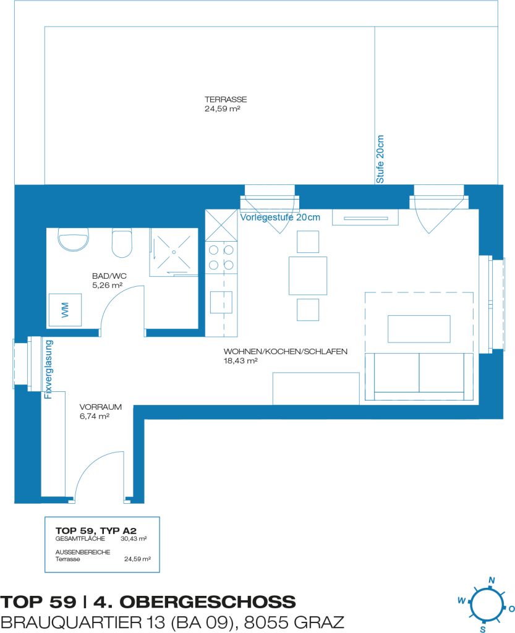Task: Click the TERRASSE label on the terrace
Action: (226, 100)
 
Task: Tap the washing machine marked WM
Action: (66, 310)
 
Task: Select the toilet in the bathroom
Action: (122, 242)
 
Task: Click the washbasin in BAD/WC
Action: (73, 239)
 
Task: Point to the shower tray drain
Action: (174, 252)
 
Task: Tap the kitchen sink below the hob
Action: (221, 302)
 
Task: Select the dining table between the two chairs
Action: (308, 276)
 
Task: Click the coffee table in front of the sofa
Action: (419, 329)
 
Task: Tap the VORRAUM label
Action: (101, 407)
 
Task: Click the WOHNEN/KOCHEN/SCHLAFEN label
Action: (286, 352)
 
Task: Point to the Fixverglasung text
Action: (48, 370)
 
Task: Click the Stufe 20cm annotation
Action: (380, 159)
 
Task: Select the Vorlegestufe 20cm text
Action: (280, 217)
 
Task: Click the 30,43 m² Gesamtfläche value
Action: (134, 538)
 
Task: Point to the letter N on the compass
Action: (492, 580)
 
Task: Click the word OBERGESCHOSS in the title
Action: (208, 602)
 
